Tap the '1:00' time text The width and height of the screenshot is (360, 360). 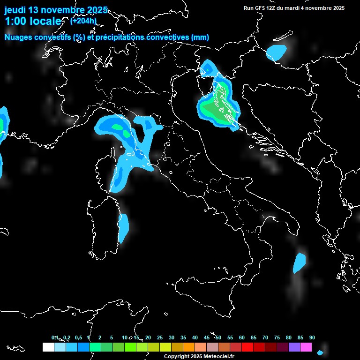point(15,21)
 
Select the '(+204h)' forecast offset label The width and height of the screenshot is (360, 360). point(83,21)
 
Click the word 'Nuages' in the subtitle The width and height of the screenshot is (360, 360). point(19,37)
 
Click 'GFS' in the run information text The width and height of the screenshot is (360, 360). point(262,8)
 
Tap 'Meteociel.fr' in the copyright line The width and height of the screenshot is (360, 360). point(218,357)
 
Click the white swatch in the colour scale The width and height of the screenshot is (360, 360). point(48,347)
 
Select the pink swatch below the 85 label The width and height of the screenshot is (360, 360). point(306,347)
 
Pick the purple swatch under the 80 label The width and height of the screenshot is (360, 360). point(294,347)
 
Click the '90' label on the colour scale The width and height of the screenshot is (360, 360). point(312,338)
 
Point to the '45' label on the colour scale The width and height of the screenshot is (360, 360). point(207,338)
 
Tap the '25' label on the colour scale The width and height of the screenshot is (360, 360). point(160,338)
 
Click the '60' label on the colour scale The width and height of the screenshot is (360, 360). point(242,338)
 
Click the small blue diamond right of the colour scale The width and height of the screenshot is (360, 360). point(320,352)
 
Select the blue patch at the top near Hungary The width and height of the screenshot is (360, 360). point(276,52)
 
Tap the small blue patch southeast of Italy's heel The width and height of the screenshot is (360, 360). point(299,262)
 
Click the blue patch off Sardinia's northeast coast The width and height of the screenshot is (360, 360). point(123,227)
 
